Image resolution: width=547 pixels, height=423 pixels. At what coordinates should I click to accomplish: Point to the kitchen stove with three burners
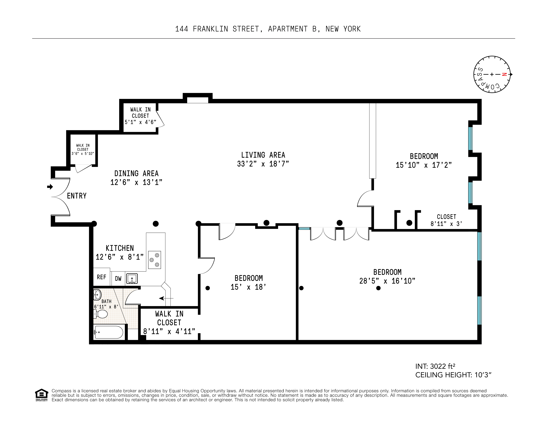[154, 260]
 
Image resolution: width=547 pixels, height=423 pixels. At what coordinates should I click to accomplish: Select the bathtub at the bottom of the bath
[109, 332]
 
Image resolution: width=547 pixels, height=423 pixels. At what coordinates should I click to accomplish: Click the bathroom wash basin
[97, 295]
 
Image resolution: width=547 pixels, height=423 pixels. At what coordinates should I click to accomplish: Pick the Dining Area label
[136, 173]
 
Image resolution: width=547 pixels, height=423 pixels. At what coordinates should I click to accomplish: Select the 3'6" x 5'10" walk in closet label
[83, 153]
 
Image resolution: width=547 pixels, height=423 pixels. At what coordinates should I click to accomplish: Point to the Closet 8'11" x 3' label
[446, 220]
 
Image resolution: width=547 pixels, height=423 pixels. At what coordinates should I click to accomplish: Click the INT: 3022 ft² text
[435, 366]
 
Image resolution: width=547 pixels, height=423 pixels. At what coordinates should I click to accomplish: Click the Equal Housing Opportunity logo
[41, 395]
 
